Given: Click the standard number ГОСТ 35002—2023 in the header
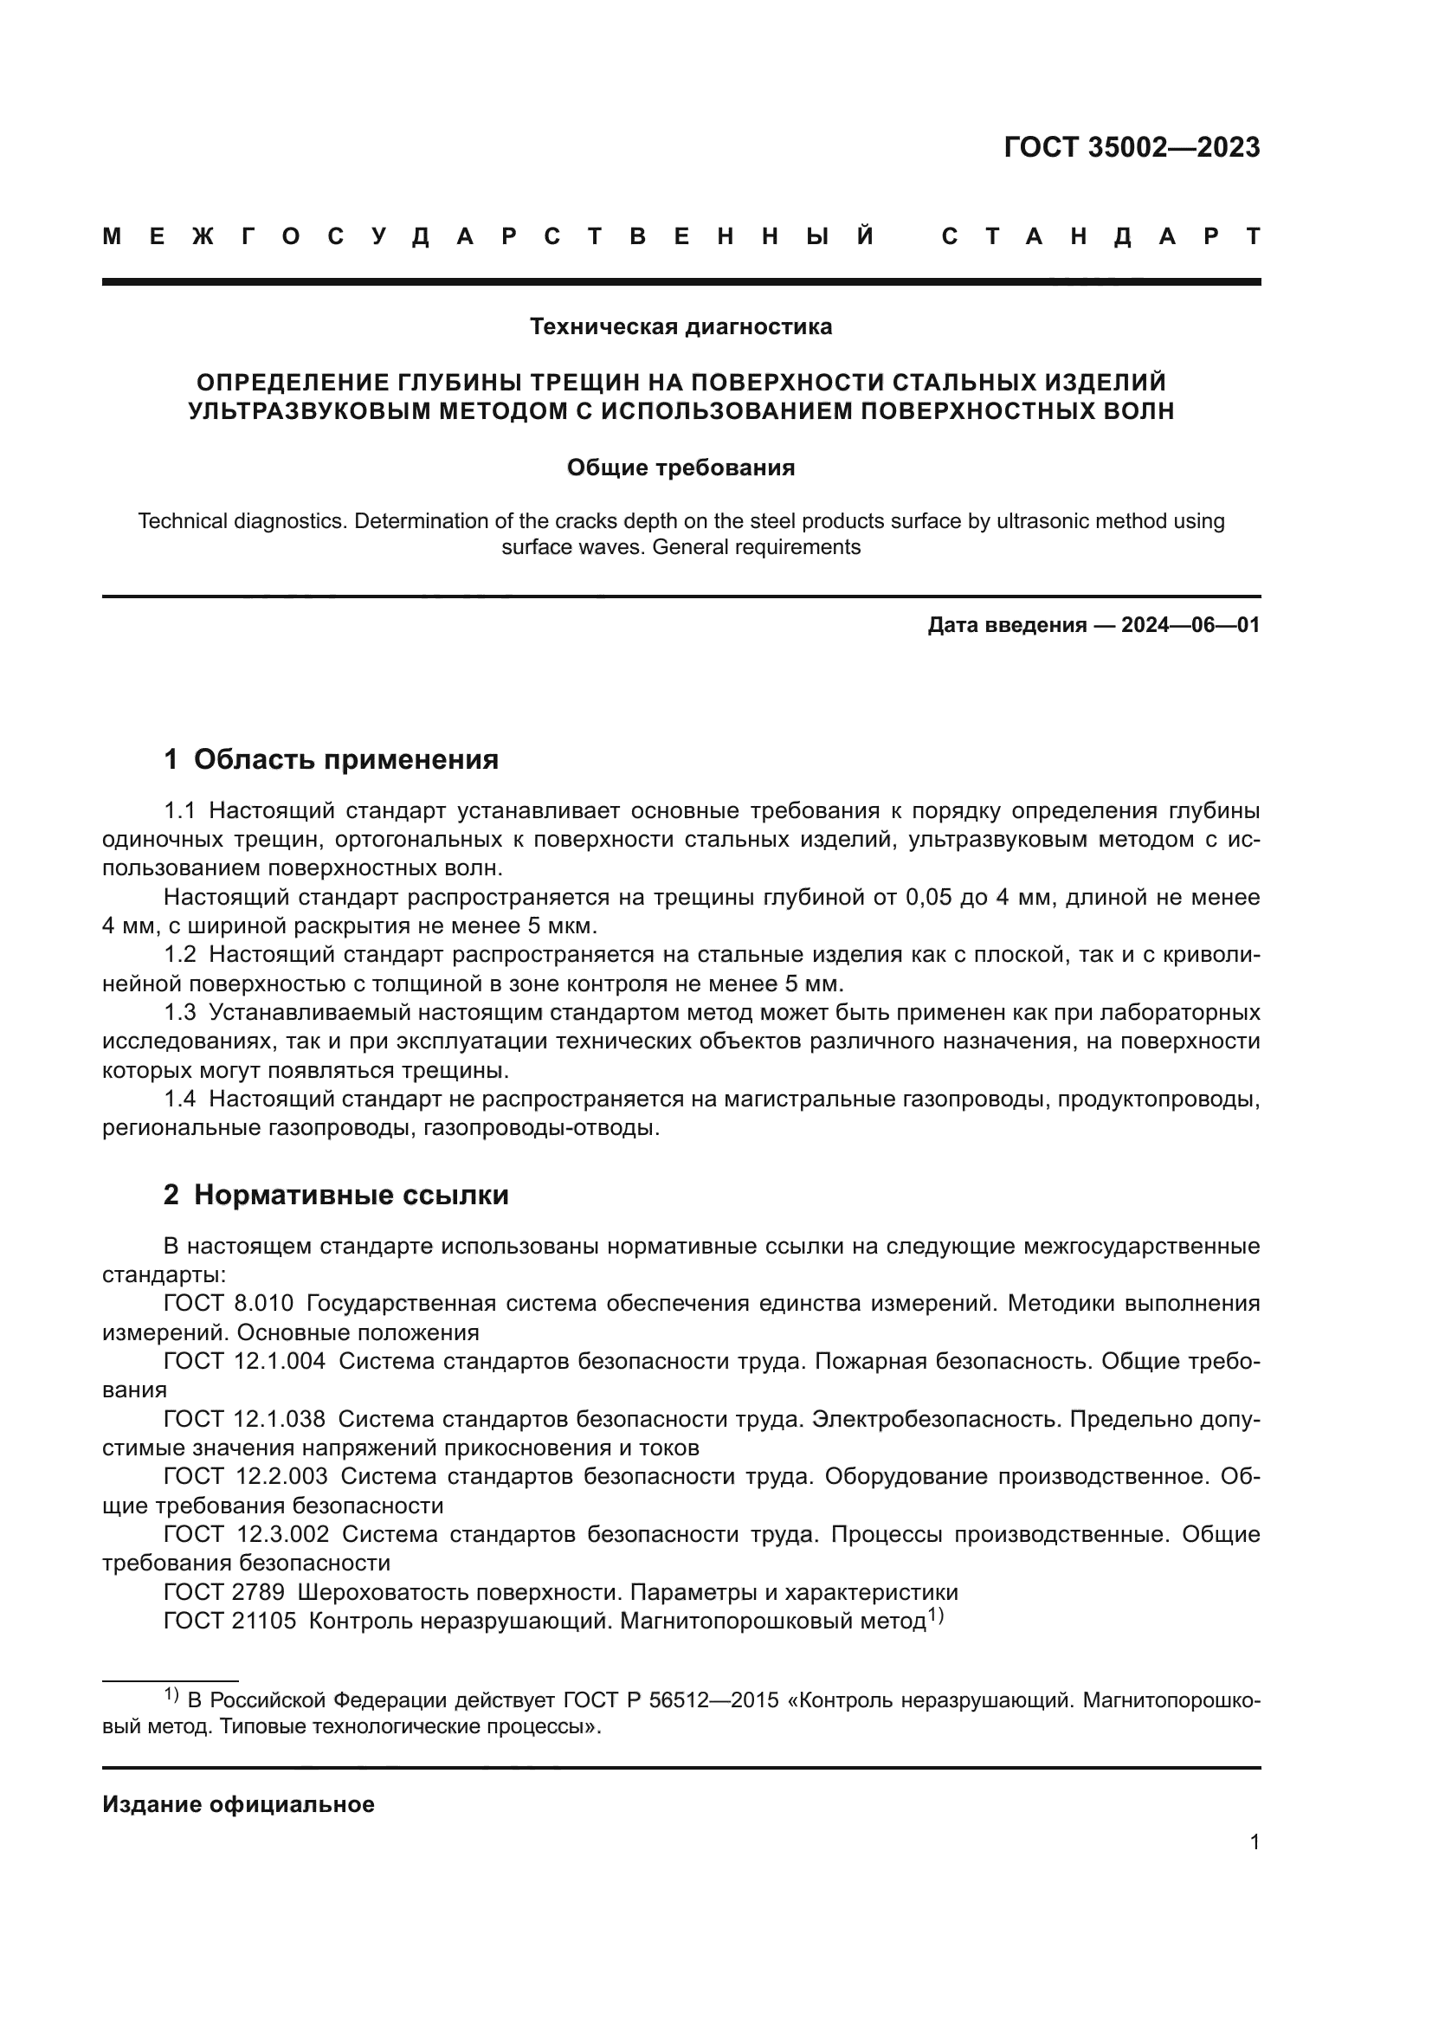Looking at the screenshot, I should click(1132, 147).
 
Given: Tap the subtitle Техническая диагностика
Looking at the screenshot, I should click(681, 327).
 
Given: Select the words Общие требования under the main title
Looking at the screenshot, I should click(681, 468).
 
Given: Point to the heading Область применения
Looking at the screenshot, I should click(345, 759).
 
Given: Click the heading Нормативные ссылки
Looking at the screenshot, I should click(351, 1195).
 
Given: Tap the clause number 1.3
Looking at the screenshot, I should click(180, 1013).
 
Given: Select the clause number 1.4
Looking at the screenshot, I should click(180, 1099).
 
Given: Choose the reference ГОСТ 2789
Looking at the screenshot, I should click(224, 1592).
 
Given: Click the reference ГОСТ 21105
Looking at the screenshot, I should click(230, 1621).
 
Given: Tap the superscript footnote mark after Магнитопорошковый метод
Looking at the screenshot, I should click(936, 1615).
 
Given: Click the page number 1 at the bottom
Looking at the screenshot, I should click(1254, 1842).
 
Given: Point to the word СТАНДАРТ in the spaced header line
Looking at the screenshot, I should click(1101, 236).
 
